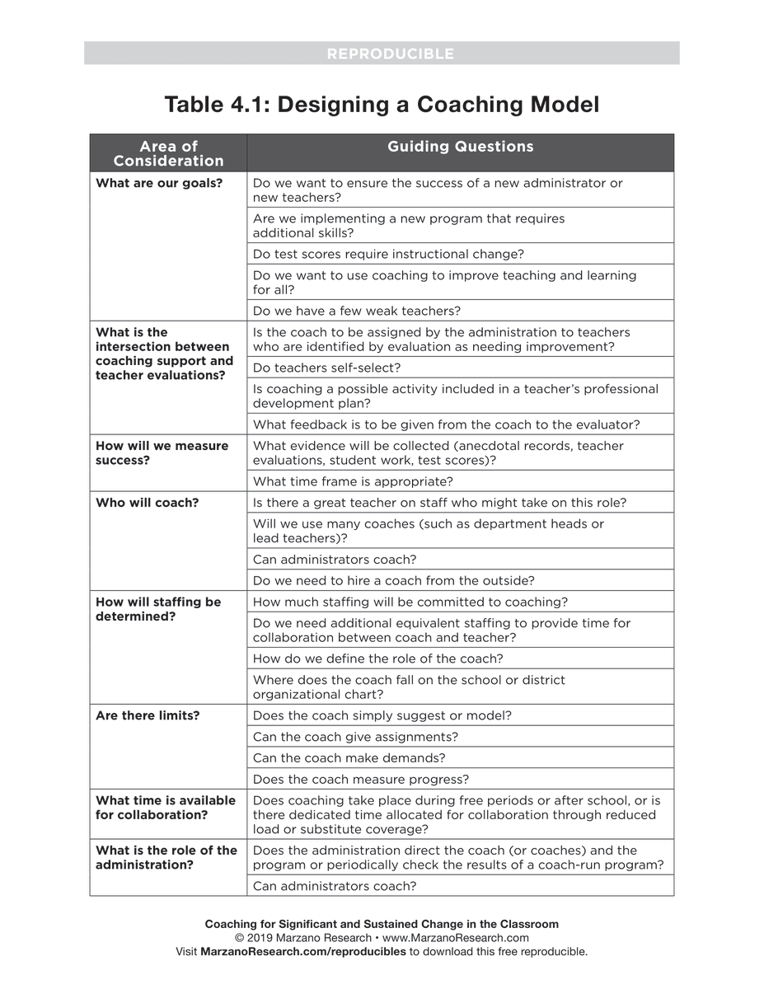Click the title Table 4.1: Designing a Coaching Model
point(382,105)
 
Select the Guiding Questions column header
point(460,147)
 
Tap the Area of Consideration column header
point(168,153)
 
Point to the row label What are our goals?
point(159,183)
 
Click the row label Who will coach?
point(147,502)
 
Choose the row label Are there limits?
point(148,715)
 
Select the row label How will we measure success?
point(162,452)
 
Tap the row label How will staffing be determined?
point(158,609)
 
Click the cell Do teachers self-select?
point(326,368)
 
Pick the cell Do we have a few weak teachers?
point(356,311)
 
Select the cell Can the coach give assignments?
point(355,737)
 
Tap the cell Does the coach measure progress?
point(361,779)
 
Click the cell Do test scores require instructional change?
point(388,254)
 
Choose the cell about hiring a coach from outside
point(393,580)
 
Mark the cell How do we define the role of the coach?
point(377,659)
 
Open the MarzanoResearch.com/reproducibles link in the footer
point(303,951)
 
